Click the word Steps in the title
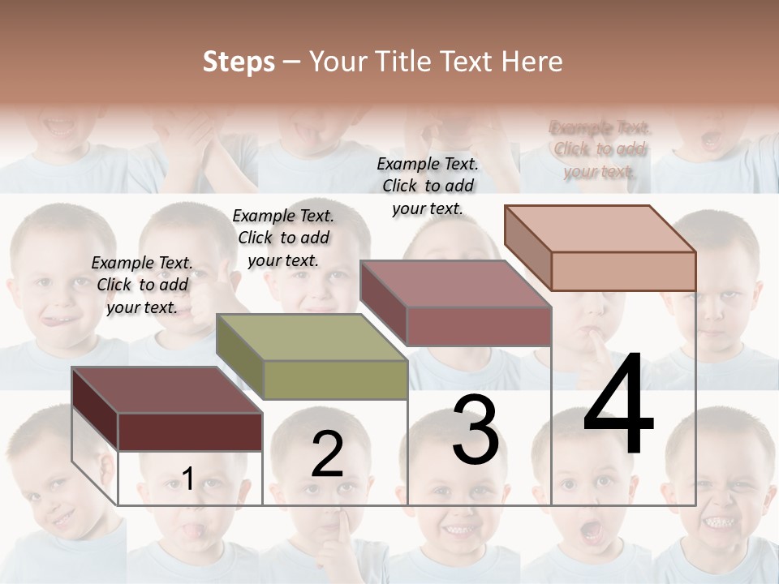click(239, 62)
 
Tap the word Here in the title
click(532, 62)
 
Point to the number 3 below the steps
click(476, 431)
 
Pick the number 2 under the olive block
click(327, 454)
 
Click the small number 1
click(187, 479)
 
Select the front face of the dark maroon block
click(190, 432)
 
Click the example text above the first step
click(142, 285)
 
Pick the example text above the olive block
click(283, 238)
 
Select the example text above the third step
click(428, 186)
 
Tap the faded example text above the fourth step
click(600, 149)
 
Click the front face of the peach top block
click(623, 271)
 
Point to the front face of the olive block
click(335, 380)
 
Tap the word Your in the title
click(338, 62)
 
